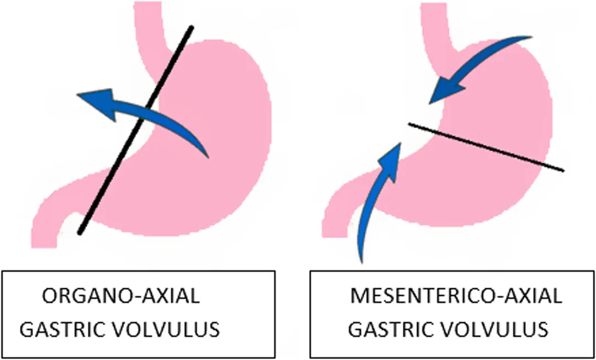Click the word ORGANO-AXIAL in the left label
coord(121,296)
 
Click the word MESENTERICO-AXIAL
coord(456,296)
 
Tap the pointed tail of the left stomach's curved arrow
coord(207,156)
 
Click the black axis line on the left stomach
coord(136,130)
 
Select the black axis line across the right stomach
coord(486,147)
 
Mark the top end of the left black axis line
coord(191,28)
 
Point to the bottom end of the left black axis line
coord(80,232)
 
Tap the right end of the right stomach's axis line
coord(562,170)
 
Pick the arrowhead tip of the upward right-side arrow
coord(401,144)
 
